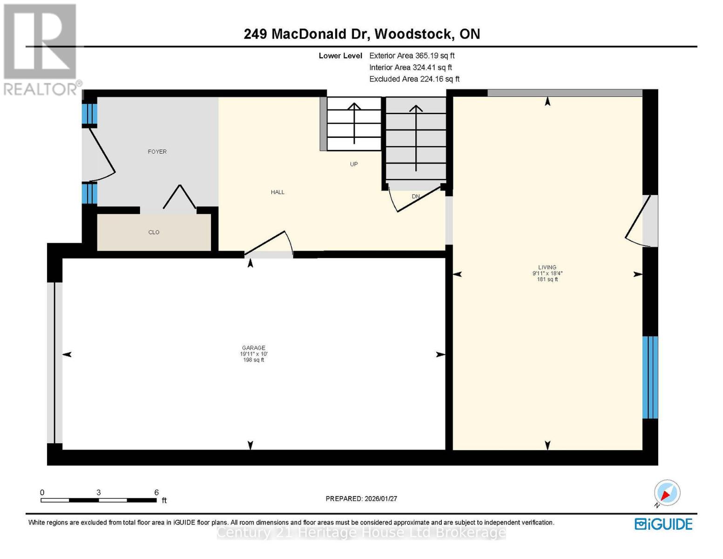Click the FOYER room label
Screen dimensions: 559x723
157,151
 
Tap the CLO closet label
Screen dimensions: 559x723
154,232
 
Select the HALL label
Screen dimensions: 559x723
277,192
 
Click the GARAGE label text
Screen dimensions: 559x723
253,348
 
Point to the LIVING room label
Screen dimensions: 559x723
547,267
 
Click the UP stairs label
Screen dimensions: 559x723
354,164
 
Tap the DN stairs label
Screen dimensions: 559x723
416,197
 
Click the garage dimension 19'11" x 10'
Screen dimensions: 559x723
253,354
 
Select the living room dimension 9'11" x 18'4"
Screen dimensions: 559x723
547,273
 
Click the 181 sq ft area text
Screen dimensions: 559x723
547,279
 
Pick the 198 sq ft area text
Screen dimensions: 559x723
253,360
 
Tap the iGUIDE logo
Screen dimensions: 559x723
663,524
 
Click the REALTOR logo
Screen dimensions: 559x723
41,49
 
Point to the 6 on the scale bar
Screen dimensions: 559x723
156,492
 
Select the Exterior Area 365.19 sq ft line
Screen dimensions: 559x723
412,55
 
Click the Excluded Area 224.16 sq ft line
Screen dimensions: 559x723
414,79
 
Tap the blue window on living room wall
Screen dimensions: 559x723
650,377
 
